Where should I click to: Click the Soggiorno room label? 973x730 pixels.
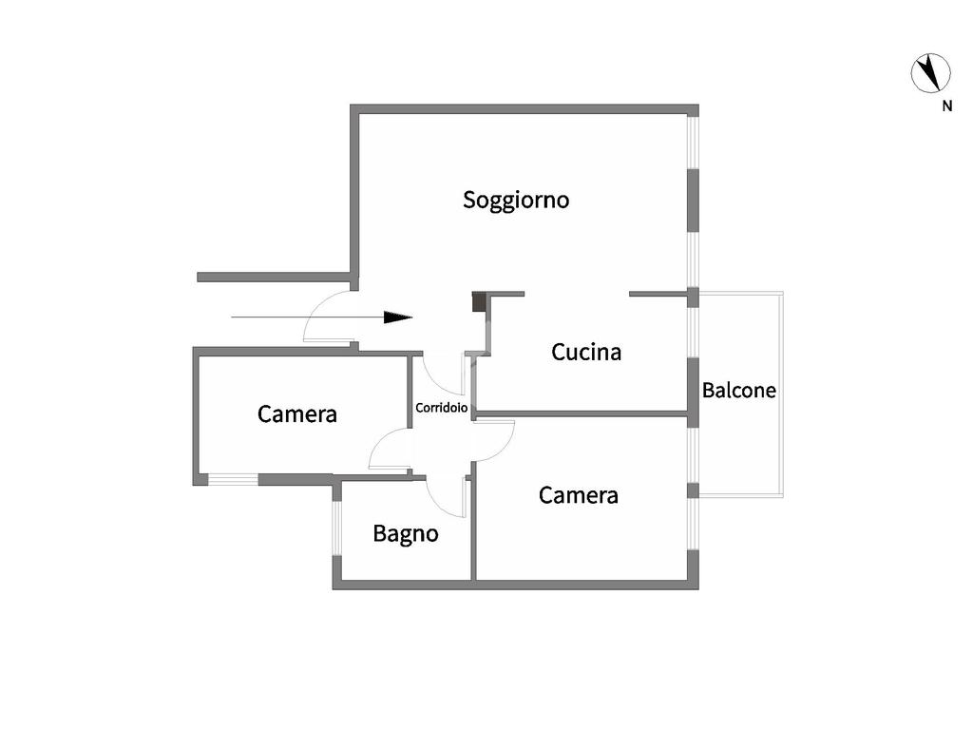coord(516,201)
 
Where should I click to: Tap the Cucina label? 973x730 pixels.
coord(586,353)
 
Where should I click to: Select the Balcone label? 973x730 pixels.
coord(739,390)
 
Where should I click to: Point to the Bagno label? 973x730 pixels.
coord(406,534)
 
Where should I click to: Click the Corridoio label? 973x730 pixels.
coord(442,408)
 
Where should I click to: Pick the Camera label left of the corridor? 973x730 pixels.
coord(297,414)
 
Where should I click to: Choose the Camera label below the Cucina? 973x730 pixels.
coord(579,495)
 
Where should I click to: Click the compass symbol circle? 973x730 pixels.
coord(931,73)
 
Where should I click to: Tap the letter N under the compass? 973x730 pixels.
coord(946,106)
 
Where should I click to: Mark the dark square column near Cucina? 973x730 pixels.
coord(479,302)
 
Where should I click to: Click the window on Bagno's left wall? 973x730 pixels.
coord(336,528)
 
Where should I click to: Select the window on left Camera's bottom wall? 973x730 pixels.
coord(233,479)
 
